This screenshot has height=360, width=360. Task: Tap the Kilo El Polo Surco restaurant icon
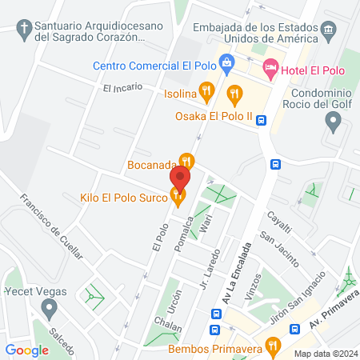point(178,196)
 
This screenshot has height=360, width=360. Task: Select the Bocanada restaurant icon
point(186,161)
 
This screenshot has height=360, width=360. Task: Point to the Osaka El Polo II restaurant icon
point(234,94)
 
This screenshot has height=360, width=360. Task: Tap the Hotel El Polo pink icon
point(270,70)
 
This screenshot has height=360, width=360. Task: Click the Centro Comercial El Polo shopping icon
point(226,62)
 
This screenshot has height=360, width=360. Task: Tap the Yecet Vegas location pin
point(50,307)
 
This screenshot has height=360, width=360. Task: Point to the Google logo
point(27,350)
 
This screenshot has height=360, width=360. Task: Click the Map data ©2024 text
point(324,354)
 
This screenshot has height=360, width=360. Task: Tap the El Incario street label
point(122,86)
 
